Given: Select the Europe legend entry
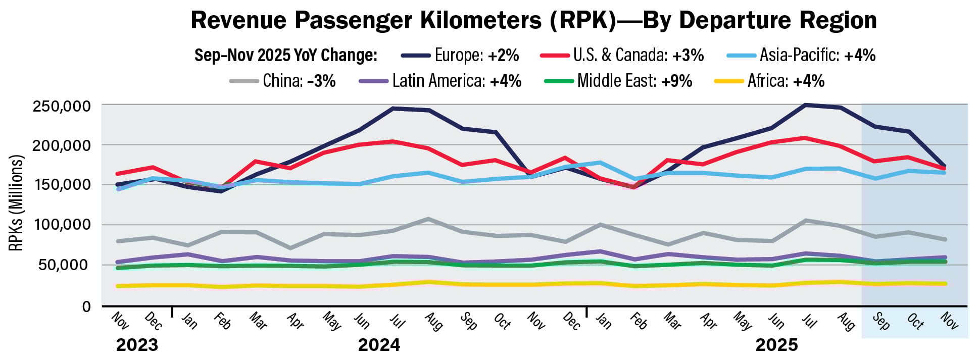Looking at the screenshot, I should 460,55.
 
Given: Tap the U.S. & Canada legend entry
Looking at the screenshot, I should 621,55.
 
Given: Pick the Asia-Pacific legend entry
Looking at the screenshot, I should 801,55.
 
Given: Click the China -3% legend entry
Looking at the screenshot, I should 282,81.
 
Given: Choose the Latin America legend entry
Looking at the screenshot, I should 440,81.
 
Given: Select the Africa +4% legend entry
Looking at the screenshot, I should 770,81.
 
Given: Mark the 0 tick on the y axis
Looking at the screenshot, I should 86,306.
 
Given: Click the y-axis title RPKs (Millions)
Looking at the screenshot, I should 16,203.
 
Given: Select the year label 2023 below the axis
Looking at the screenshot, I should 137,345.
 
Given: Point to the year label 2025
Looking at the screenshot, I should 776,345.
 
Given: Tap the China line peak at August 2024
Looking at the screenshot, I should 428,219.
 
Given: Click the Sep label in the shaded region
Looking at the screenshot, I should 881,321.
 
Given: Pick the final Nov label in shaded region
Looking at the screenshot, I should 949,321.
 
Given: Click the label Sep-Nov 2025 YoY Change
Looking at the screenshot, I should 286,55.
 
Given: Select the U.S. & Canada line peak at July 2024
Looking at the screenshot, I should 394,141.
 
